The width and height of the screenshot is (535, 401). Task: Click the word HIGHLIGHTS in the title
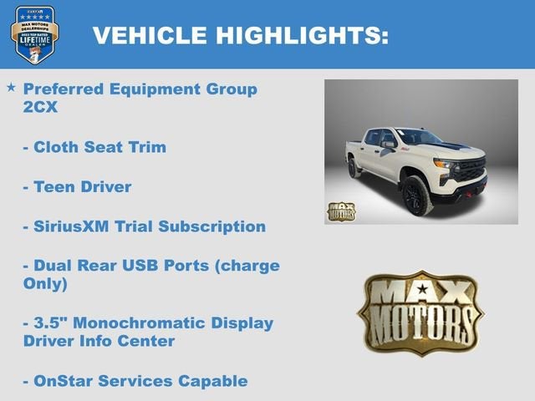click(303, 35)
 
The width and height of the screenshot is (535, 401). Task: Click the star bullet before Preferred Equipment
click(11, 88)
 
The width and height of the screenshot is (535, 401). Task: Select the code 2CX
click(41, 107)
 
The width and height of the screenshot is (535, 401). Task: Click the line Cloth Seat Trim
click(94, 147)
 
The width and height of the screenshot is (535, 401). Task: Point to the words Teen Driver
click(77, 187)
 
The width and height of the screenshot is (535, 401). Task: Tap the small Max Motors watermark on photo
click(341, 211)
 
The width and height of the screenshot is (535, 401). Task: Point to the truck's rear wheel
click(354, 167)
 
